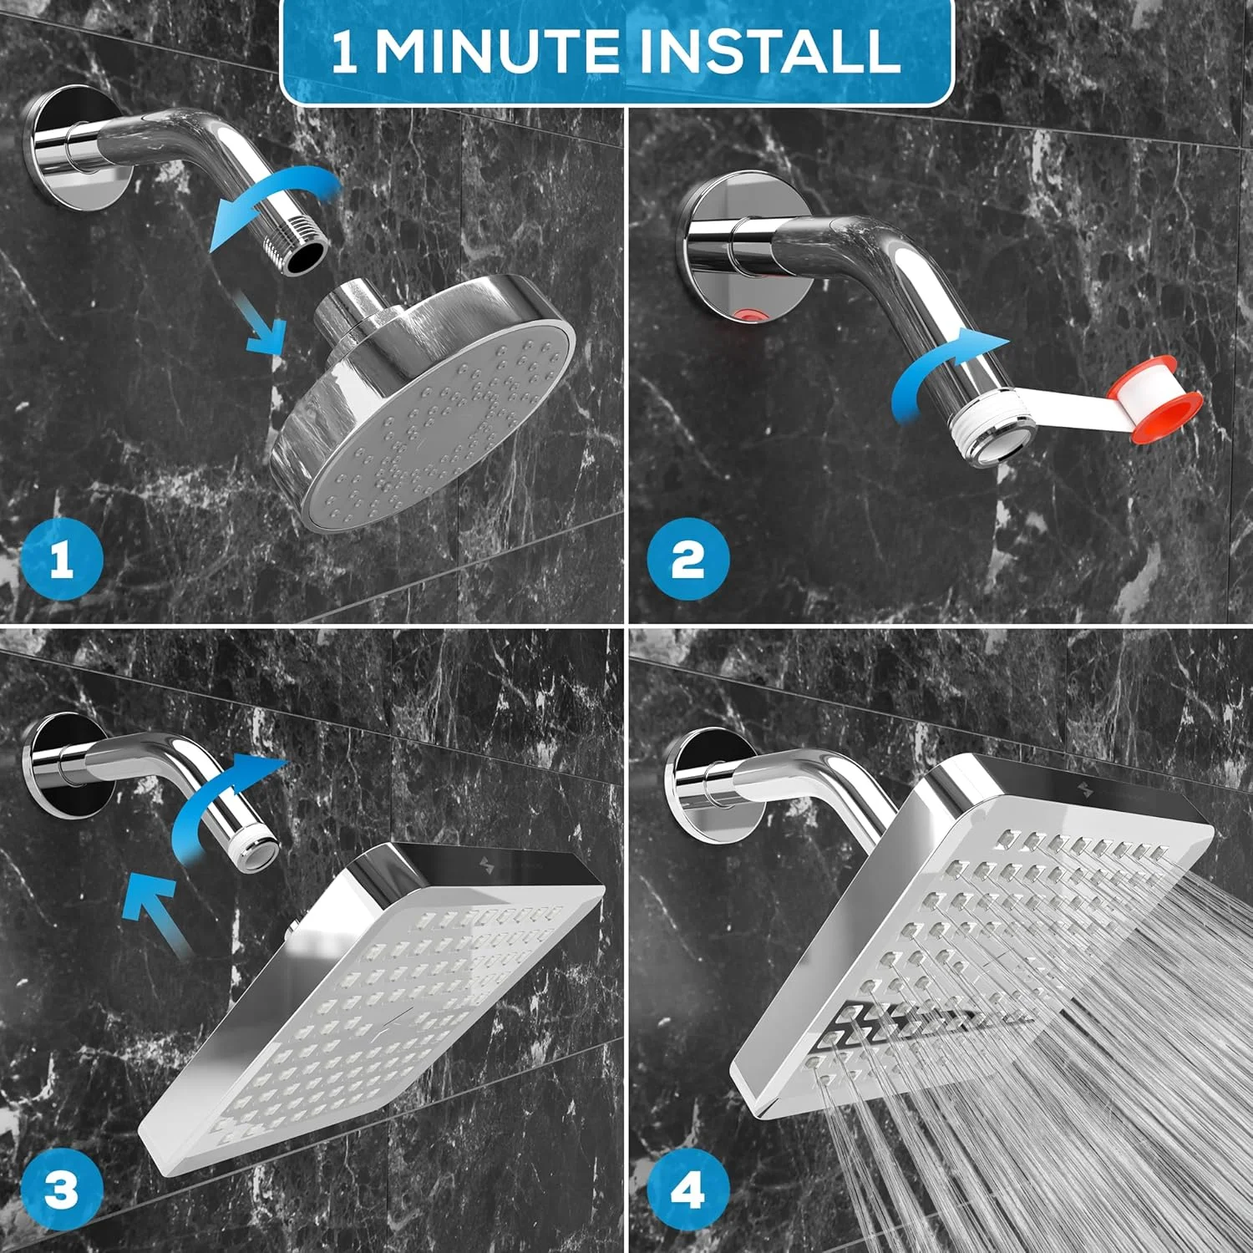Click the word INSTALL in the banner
769,52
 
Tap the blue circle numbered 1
61,559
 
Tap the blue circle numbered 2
687,559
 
